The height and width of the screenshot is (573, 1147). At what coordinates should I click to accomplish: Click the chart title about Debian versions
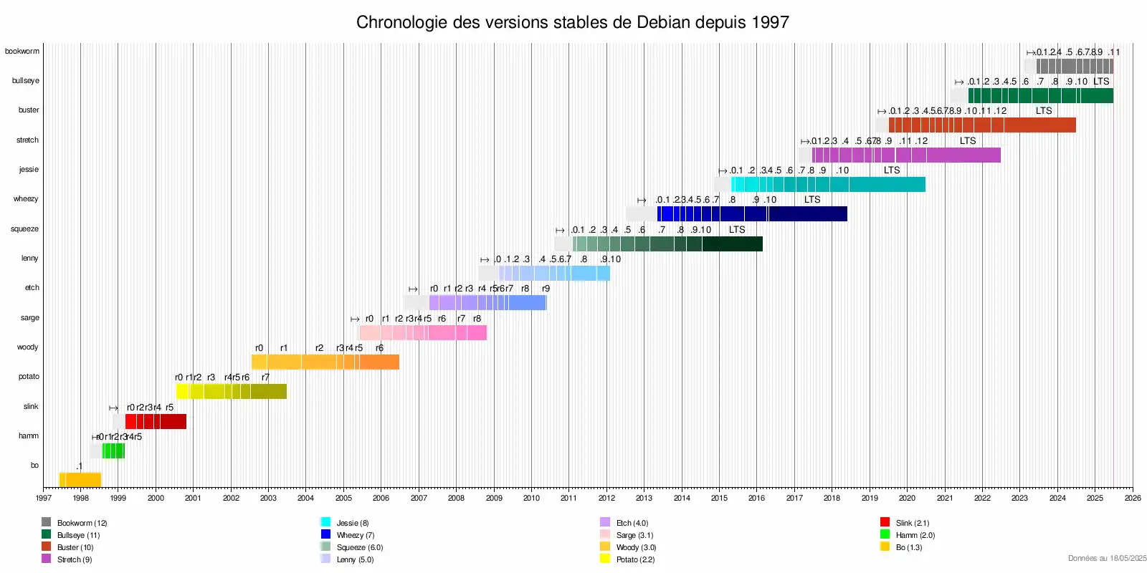(572, 22)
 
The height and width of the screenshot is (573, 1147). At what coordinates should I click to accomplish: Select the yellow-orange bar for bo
(80, 480)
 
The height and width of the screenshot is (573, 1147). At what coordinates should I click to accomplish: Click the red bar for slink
(156, 421)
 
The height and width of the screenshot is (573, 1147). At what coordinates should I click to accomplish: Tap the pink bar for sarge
(423, 332)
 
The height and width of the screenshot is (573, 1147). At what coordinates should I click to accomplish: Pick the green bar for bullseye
(1040, 95)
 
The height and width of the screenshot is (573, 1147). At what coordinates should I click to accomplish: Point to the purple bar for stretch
(906, 155)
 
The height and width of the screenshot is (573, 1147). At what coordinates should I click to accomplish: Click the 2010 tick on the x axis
(531, 498)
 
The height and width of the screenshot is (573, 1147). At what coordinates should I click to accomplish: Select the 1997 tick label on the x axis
(44, 498)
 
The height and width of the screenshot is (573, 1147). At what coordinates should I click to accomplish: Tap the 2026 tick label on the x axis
(1132, 498)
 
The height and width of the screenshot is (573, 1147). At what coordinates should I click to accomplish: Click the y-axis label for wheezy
(26, 198)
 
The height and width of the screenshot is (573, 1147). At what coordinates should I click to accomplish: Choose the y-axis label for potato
(29, 376)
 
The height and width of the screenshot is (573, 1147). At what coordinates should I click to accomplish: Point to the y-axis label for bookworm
(22, 51)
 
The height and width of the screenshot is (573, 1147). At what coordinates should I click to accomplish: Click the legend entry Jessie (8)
(352, 523)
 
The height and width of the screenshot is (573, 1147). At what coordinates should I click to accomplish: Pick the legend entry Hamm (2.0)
(915, 535)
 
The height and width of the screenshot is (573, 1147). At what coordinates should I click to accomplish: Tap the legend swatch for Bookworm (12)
(46, 522)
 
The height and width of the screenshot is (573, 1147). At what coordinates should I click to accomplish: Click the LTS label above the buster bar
(1044, 110)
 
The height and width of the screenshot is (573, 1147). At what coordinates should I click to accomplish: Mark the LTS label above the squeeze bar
(737, 229)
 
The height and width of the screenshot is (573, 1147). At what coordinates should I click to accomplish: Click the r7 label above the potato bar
(265, 377)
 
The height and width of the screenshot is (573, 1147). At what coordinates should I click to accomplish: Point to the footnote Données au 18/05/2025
(1107, 558)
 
